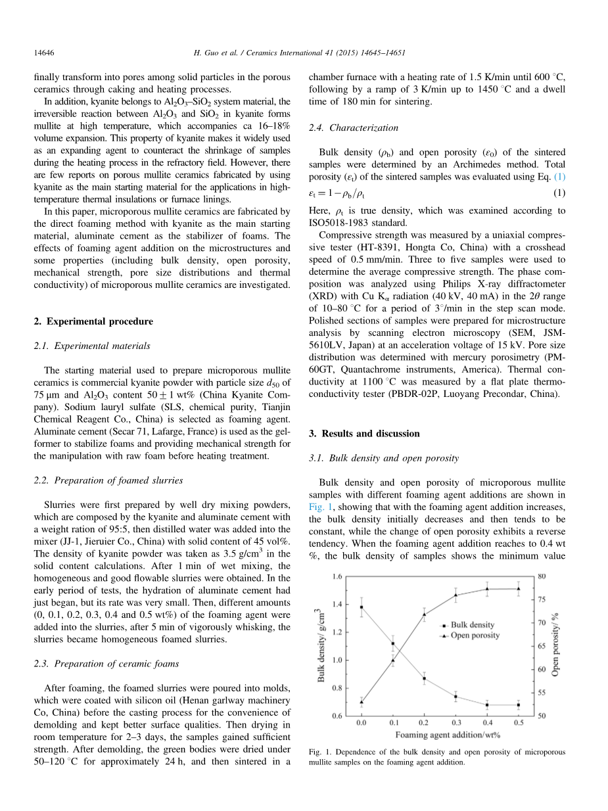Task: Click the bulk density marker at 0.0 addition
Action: [361, 607]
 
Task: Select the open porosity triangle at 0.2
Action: [424, 614]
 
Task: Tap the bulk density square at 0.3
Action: [456, 697]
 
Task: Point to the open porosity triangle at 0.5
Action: [519, 589]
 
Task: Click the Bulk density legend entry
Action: [473, 625]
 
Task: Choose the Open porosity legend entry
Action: [475, 636]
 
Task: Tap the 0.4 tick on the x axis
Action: [487, 723]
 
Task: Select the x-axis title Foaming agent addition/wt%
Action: [440, 734]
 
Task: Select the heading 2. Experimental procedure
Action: [93, 321]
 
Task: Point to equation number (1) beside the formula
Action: [559, 193]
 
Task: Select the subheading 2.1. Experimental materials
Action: [91, 346]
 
